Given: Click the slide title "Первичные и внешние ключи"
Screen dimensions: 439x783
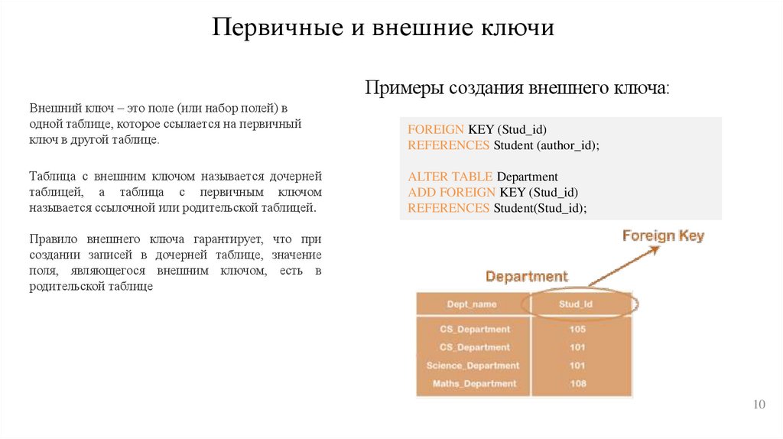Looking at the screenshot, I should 382,29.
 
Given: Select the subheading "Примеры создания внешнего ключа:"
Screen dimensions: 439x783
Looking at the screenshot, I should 517,88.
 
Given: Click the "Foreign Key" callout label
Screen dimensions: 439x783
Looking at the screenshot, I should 663,236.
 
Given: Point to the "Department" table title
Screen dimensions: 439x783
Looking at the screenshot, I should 527,276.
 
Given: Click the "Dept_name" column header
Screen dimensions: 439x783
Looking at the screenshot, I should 471,304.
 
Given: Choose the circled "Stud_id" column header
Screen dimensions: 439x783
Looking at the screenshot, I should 577,304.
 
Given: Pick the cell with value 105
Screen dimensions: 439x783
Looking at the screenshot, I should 577,329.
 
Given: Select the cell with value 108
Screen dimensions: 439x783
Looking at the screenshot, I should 577,383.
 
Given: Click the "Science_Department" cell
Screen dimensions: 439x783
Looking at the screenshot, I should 473,366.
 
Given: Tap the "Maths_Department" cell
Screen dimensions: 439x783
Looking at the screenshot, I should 474,383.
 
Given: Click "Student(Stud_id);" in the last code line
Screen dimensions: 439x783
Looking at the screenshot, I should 540,208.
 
